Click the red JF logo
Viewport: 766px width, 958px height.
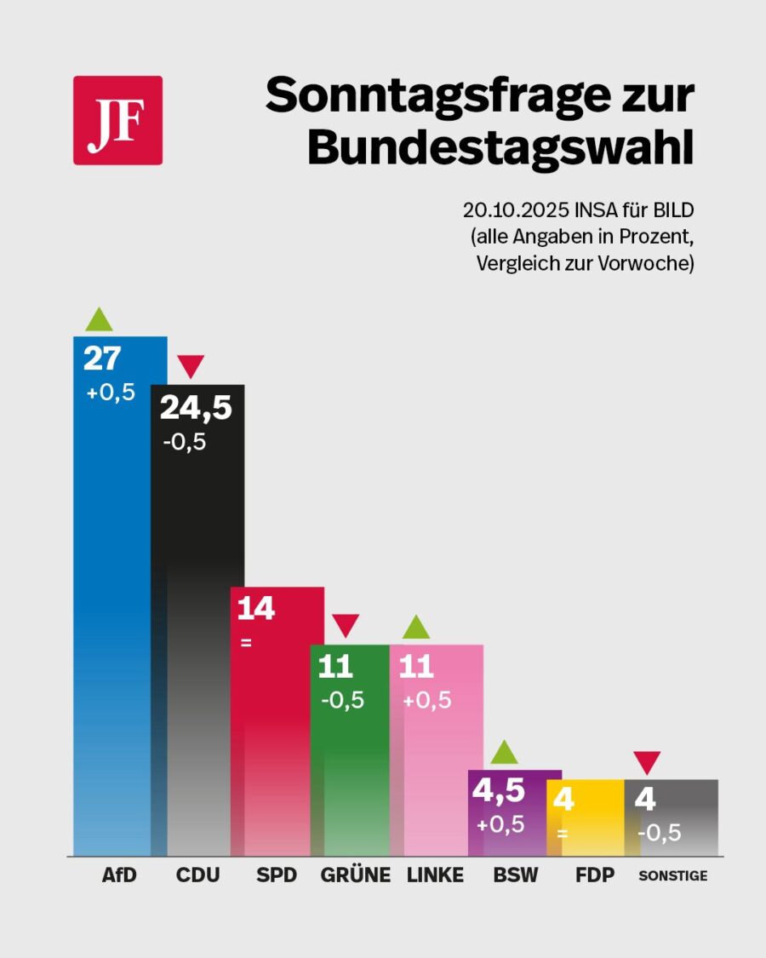coord(117,120)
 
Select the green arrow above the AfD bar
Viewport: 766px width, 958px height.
coord(99,319)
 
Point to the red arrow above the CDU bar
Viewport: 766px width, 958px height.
coord(191,367)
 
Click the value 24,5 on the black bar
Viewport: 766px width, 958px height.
coord(196,409)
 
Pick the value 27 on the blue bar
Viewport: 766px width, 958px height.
coord(102,359)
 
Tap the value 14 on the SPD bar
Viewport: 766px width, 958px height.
coord(255,609)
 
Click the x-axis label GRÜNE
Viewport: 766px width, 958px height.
coord(355,875)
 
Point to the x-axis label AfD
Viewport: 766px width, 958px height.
coord(119,875)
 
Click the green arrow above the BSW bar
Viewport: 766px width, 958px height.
coord(504,753)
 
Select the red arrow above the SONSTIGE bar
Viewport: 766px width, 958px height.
coord(648,763)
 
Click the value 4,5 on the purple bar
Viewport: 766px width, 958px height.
coord(498,791)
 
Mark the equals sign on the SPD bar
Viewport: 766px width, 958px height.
coord(246,643)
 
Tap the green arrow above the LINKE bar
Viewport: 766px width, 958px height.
coord(416,628)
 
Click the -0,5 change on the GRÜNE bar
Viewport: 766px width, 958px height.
coord(342,700)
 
